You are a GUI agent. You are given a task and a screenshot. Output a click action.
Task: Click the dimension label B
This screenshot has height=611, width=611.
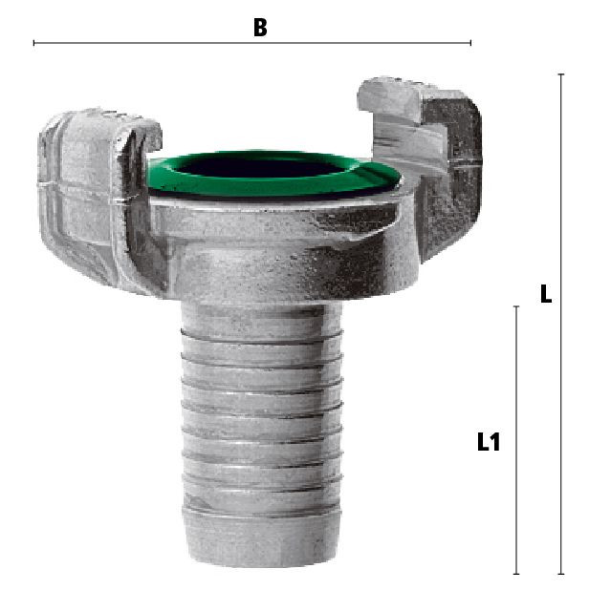260,28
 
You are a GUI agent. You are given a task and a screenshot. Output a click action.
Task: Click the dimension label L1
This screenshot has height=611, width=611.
489,442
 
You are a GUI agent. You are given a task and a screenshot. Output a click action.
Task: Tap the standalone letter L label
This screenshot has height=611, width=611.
545,294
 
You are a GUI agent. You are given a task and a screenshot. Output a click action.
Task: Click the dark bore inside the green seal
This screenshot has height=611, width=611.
262,166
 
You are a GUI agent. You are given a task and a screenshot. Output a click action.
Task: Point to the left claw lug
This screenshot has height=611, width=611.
98,195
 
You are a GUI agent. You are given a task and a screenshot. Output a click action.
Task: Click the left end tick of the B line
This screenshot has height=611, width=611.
34,43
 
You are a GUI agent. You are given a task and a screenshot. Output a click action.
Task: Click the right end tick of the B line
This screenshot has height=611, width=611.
470,43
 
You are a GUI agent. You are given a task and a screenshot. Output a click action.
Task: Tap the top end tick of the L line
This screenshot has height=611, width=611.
561,74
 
